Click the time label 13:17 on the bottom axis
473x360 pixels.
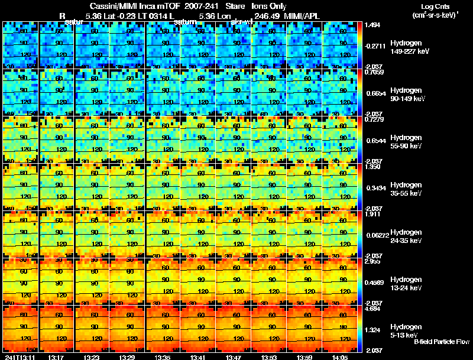[x=56, y=356]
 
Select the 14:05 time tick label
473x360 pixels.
[x=339, y=356]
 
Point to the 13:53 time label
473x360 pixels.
[x=268, y=356]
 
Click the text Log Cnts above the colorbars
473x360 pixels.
[x=438, y=6]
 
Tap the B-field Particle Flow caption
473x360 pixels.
[x=441, y=342]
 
